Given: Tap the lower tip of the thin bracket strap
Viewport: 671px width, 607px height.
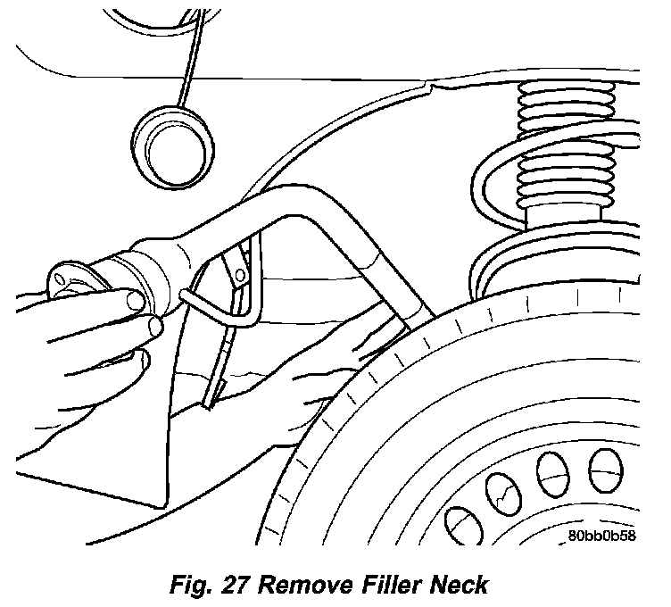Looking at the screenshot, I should point(206,403).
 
